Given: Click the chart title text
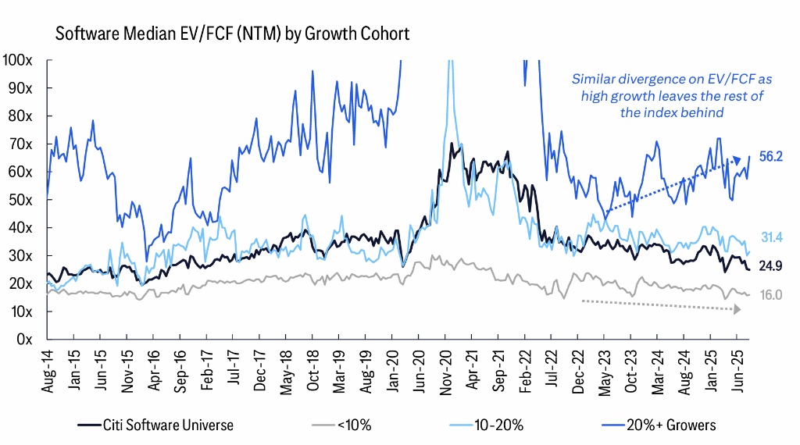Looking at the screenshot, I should click(231, 34).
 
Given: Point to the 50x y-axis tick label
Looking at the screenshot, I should click(20, 200).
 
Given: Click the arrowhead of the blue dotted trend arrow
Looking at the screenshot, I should click(737, 162).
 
